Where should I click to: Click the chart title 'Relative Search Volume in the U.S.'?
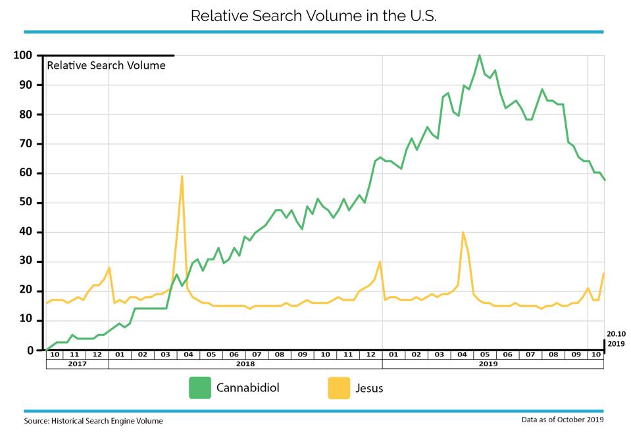click(x=313, y=16)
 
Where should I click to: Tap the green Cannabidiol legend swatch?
click(x=200, y=388)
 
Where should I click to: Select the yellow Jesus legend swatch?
click(x=339, y=388)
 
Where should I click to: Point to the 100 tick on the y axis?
click(x=22, y=55)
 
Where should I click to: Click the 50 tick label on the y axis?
click(x=26, y=203)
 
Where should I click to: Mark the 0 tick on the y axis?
click(x=30, y=351)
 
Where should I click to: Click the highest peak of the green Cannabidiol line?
click(x=479, y=55)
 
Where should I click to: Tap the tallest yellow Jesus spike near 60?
click(x=182, y=176)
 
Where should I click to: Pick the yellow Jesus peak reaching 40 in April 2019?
click(x=463, y=232)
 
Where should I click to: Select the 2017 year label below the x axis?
click(x=77, y=364)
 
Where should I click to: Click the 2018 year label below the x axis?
click(x=245, y=364)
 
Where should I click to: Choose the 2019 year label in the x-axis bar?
click(x=488, y=364)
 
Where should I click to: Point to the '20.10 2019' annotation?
click(x=616, y=339)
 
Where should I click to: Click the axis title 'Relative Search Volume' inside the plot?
click(x=106, y=66)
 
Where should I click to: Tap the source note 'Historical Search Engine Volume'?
click(x=107, y=421)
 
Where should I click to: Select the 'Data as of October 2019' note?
click(x=563, y=420)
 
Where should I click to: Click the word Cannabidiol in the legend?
click(x=248, y=388)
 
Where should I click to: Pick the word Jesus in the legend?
click(x=369, y=388)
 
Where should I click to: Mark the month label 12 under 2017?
click(x=97, y=354)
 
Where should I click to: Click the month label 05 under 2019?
click(x=485, y=354)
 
